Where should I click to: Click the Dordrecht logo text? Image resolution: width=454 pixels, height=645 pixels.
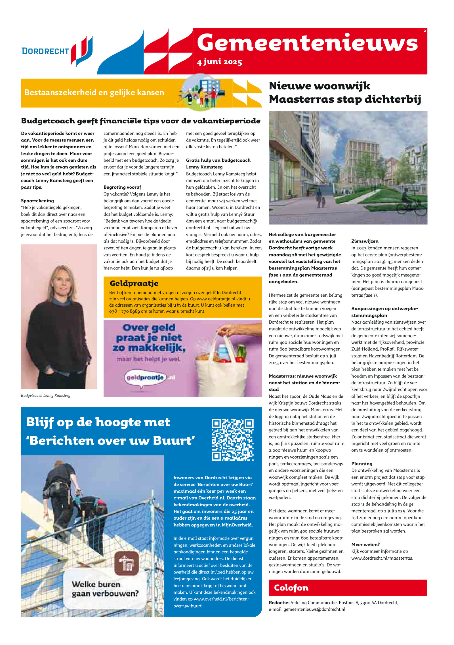[45, 51]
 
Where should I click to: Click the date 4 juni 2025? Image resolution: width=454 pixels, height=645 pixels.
[219, 62]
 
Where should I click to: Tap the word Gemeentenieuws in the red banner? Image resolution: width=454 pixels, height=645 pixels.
[307, 43]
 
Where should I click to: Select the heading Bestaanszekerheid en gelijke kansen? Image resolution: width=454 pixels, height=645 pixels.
[94, 92]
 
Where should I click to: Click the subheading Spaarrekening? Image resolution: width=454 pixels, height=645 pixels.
[37, 201]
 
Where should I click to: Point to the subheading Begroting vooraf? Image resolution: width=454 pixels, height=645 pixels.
[122, 187]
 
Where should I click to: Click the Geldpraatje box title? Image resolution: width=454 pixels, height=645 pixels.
[134, 283]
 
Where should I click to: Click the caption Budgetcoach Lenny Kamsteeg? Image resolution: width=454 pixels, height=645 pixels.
[46, 395]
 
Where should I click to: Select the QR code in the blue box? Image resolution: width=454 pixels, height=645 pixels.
[232, 440]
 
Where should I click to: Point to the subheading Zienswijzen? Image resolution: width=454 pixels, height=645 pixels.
[365, 241]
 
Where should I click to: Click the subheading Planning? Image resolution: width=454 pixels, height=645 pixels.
[362, 463]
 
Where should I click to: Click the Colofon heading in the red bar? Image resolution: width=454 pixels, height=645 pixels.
[291, 587]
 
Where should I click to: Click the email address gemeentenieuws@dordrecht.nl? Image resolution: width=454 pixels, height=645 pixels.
[314, 609]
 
